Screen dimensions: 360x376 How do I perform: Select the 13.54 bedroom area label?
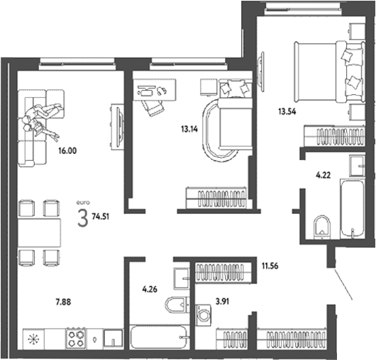point(291,111)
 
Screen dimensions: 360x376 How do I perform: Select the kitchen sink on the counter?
point(112,338)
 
